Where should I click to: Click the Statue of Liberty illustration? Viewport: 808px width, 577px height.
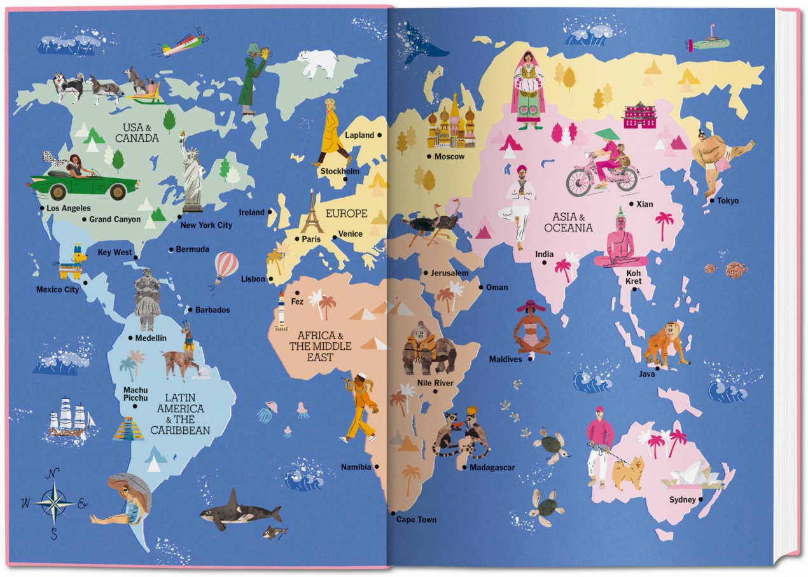192,175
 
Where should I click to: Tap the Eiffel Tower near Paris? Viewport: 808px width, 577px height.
312,214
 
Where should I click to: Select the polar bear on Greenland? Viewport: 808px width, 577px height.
317,62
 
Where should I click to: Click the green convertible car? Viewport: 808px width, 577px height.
83,183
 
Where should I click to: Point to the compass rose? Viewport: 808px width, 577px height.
54,503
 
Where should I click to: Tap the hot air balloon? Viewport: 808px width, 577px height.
225,266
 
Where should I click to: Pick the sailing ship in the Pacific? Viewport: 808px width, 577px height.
71,418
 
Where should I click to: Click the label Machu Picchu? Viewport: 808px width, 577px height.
136,394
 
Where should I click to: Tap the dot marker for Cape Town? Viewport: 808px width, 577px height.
393,513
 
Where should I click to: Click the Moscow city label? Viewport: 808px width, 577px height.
449,156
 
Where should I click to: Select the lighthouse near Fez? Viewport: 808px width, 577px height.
281,310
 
